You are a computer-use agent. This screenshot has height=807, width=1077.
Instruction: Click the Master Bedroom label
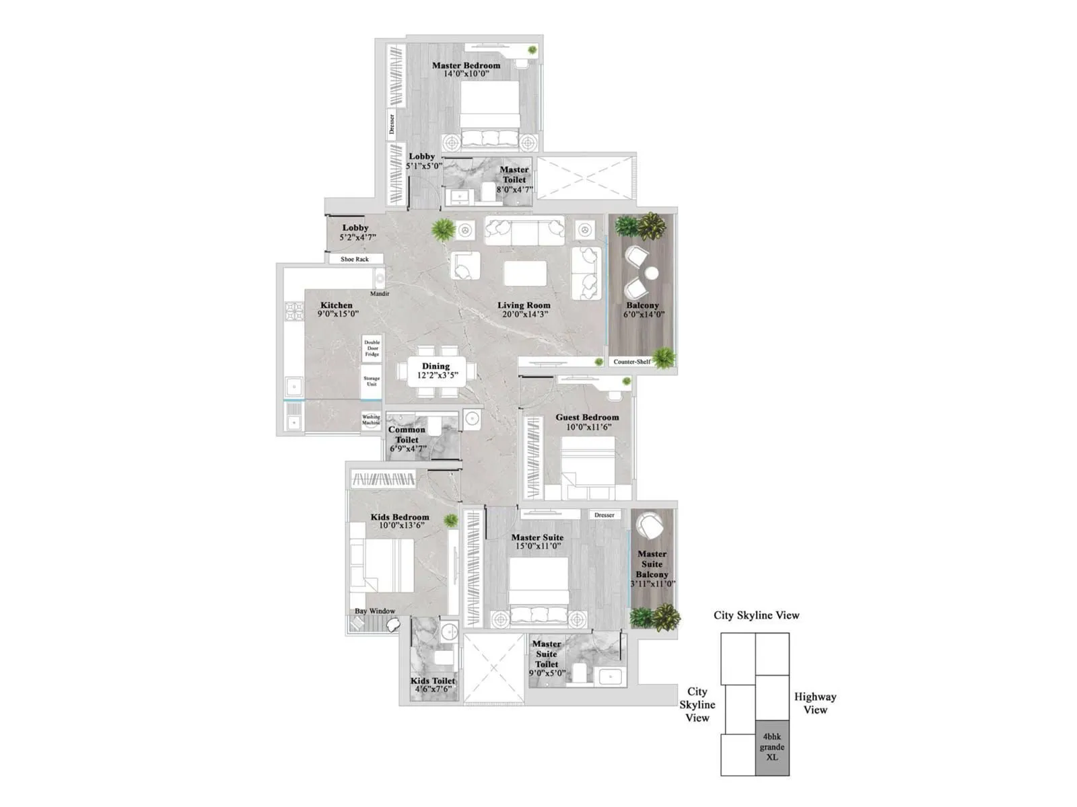pos(466,65)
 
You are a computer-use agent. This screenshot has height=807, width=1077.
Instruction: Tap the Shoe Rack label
pos(355,259)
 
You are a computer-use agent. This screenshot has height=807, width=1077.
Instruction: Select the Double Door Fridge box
pos(372,348)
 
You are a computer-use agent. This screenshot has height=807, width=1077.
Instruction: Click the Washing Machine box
pos(371,420)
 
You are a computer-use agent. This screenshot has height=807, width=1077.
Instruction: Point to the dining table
pos(436,371)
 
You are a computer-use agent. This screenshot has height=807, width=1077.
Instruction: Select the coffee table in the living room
pos(525,274)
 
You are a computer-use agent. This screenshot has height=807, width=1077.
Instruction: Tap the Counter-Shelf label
pos(631,362)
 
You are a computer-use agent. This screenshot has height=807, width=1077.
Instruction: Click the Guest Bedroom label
pos(587,417)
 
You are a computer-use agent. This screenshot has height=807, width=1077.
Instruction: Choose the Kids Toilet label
pos(433,681)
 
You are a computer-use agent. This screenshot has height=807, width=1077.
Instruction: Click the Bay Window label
pos(375,611)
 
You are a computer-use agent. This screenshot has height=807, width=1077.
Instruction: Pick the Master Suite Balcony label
pos(652,564)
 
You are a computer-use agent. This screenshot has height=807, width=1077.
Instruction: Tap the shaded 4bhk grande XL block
pos(772,747)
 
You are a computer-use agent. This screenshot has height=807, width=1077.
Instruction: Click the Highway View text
pos(815,703)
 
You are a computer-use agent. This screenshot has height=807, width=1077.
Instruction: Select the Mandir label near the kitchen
pos(380,294)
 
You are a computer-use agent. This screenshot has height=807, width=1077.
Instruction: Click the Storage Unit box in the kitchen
pos(372,381)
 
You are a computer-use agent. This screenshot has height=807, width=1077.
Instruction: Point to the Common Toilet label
pos(407,434)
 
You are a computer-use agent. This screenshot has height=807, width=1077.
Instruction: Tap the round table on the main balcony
pos(651,273)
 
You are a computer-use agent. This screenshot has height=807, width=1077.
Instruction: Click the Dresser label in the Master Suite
pos(604,515)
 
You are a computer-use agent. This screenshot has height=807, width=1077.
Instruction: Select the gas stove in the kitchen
pos(294,311)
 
